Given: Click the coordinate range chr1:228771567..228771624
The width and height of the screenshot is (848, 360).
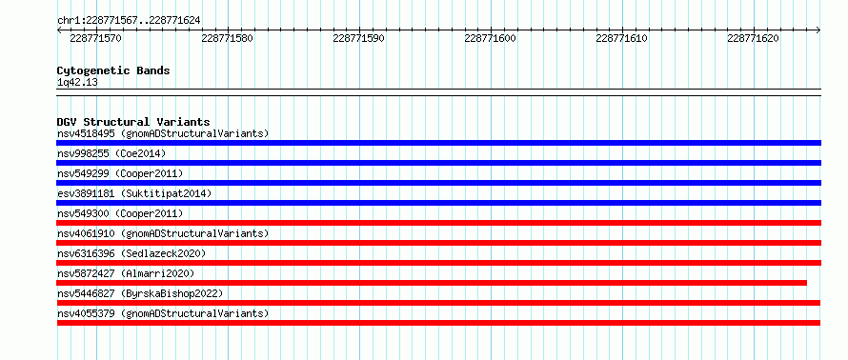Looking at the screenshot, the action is click(129, 21).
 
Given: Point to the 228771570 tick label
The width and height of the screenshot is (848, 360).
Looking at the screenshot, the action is click(95, 38).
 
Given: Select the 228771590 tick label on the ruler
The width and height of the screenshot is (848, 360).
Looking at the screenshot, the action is click(358, 38).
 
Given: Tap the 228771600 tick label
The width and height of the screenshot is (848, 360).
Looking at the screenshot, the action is click(490, 38).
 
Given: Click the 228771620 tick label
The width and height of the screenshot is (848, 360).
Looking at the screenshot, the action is click(753, 38).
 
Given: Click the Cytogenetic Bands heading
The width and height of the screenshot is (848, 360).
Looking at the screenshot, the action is click(113, 70).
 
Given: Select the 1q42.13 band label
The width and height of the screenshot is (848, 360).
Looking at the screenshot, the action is click(77, 83).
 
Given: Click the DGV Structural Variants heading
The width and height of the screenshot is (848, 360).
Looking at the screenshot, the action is click(133, 122).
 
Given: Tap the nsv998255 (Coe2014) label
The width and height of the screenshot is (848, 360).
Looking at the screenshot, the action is click(111, 153).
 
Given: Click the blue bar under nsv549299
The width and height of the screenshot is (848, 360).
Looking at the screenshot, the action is click(438, 183).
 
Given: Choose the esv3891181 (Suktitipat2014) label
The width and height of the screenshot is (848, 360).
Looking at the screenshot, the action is click(134, 193).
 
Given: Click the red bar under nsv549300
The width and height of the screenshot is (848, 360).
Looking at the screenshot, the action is click(438, 223).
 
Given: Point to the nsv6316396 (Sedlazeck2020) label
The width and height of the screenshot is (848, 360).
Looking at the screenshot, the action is click(131, 253).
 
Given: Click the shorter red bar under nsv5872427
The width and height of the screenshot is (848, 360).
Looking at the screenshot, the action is click(432, 283).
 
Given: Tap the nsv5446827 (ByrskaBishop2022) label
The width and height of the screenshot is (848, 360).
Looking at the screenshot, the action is click(140, 293).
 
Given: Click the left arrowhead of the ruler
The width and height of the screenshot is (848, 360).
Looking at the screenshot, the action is click(58, 30).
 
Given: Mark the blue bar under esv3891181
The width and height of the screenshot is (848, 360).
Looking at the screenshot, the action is click(438, 203).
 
